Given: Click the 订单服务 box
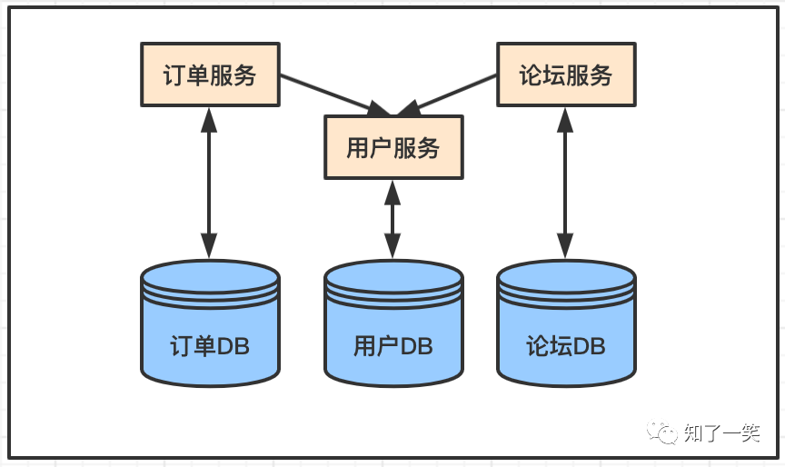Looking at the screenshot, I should [x=210, y=75].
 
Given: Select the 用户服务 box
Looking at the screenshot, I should [x=393, y=147].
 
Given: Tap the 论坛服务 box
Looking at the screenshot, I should [x=566, y=75].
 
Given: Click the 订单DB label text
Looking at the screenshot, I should [x=210, y=346].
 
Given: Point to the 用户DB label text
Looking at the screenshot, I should [x=393, y=346].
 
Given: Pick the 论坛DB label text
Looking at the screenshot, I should [x=566, y=346].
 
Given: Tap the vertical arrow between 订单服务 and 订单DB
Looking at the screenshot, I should [x=210, y=182].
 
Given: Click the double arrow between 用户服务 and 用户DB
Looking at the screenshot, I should [x=392, y=218].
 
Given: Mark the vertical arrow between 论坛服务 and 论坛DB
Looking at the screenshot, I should [x=566, y=182].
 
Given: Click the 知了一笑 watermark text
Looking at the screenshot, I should [x=721, y=433].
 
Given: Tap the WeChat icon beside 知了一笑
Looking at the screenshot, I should [x=663, y=432].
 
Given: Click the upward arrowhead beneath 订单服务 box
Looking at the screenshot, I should [x=210, y=118].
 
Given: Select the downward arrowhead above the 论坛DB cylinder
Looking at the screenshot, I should [x=566, y=245].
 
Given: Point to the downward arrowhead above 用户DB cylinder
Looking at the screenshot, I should [x=392, y=245].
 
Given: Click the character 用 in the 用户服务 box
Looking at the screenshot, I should [x=357, y=147].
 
